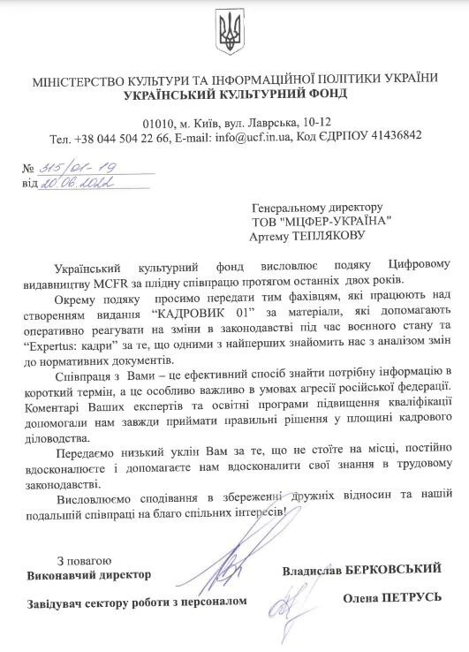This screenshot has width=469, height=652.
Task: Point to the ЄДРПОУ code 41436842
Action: pos(396,137)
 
